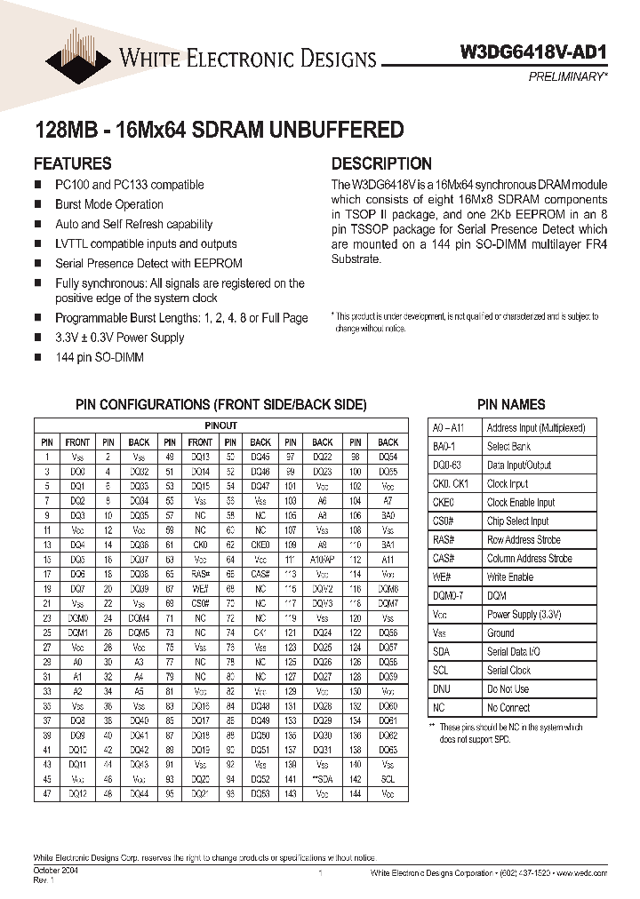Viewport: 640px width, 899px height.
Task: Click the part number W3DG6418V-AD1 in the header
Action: tap(536, 52)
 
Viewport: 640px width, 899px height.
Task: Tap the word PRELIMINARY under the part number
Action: tap(569, 77)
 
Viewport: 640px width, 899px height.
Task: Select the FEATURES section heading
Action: tap(72, 163)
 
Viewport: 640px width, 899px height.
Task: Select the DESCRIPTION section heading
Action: tap(381, 163)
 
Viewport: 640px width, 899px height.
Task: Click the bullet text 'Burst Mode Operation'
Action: tap(109, 204)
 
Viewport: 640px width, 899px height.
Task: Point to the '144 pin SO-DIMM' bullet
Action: tap(99, 357)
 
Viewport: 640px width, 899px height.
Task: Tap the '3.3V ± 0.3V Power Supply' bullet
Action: tap(120, 338)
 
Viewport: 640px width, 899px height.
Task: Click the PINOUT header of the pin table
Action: tap(220, 426)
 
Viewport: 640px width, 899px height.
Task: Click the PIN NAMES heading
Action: tap(511, 405)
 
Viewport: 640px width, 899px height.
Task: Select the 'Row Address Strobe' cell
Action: tap(524, 540)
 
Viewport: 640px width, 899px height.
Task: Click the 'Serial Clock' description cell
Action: tap(508, 671)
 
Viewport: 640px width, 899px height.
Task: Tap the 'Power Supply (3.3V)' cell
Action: tap(524, 615)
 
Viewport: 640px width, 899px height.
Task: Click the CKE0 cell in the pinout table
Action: tap(260, 545)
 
